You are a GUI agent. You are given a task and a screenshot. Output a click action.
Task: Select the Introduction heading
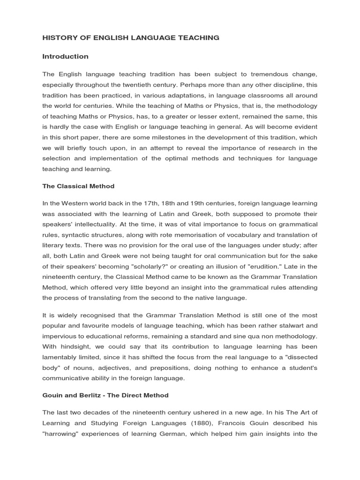pos(65,56)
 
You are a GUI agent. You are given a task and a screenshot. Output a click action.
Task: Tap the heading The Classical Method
pos(78,186)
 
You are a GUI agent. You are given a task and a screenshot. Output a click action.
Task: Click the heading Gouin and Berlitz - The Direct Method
pos(105,395)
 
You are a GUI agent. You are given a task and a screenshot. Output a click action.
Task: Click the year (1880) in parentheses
pos(193,423)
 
